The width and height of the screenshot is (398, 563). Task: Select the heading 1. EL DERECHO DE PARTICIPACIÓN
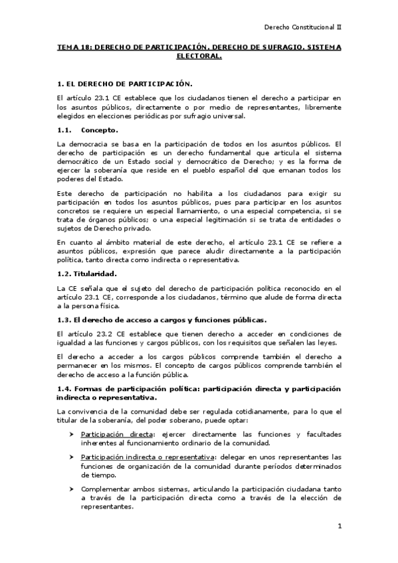pos(125,84)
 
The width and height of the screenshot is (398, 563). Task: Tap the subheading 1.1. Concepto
pos(88,129)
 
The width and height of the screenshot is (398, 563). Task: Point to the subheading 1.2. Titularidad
pos(87,273)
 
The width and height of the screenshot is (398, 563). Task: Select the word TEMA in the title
pos(68,48)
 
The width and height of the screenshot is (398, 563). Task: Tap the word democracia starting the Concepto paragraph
pos(91,143)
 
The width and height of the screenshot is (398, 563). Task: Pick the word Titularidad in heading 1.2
pos(96,273)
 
